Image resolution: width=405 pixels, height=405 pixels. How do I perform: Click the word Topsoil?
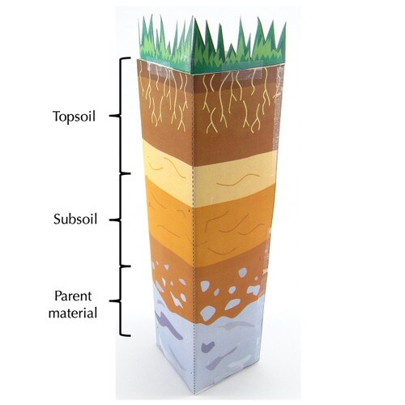tap(75, 117)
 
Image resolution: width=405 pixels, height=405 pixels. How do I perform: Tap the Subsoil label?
tap(75, 219)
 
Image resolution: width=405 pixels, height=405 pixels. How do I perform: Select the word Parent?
tap(73, 296)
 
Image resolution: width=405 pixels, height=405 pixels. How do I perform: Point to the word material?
tap(73, 313)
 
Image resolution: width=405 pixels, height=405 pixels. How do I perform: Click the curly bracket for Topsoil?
tap(120, 116)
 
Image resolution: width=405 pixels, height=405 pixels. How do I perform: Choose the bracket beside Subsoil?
tap(120, 220)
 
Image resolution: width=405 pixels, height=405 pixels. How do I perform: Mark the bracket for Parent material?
tap(120, 301)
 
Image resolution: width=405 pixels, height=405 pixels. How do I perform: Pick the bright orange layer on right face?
tap(233, 224)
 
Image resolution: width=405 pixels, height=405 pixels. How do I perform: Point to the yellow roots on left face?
tap(165, 99)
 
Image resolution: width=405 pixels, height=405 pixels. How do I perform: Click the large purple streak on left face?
tap(168, 325)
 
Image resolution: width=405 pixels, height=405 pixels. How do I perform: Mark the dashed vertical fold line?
tap(194, 229)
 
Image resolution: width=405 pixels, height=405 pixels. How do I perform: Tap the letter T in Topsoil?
tap(57, 116)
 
